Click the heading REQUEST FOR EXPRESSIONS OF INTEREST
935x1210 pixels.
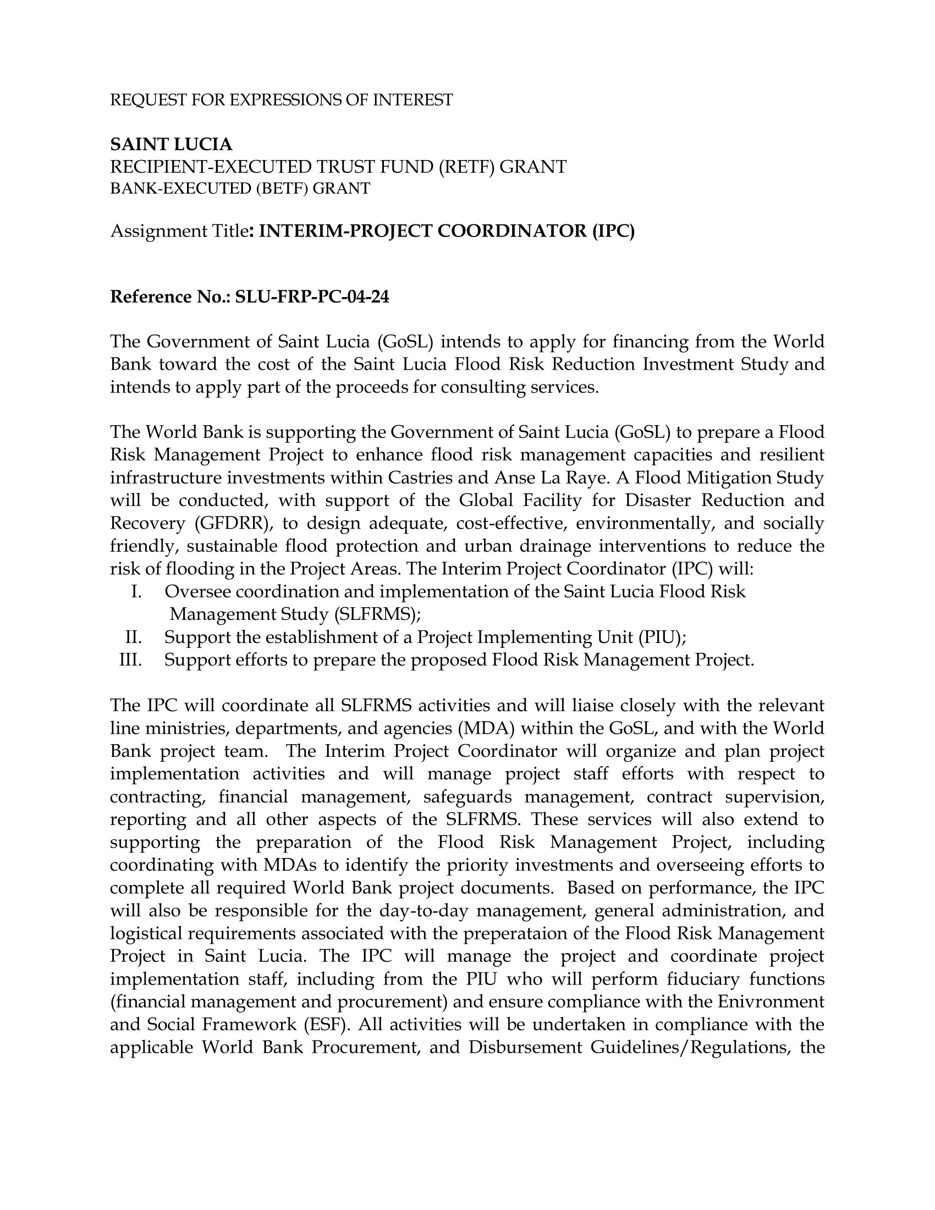pyautogui.click(x=282, y=100)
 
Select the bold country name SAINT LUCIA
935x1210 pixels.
pyautogui.click(x=171, y=145)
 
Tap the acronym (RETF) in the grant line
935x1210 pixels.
pyautogui.click(x=466, y=167)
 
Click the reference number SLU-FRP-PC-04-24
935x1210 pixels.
pyautogui.click(x=312, y=298)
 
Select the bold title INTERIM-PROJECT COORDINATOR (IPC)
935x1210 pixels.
pyautogui.click(x=447, y=231)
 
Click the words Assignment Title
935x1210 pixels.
pyautogui.click(x=179, y=231)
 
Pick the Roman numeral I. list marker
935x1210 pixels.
pyautogui.click(x=136, y=592)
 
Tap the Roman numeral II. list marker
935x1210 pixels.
pyautogui.click(x=134, y=637)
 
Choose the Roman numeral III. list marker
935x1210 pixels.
pyautogui.click(x=131, y=660)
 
